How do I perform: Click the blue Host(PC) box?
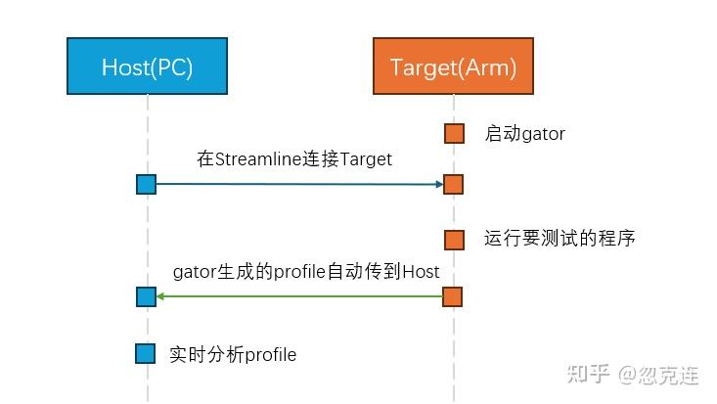coord(147,67)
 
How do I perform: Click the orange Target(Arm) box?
coord(453,67)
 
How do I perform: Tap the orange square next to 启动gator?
coord(454,134)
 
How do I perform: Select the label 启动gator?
coord(524,134)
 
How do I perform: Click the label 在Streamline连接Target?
coord(294,158)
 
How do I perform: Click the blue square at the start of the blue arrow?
coord(147,184)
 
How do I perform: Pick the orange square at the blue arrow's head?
coord(454,184)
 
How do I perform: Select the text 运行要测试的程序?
coord(560,239)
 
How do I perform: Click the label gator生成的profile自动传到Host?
coord(306,271)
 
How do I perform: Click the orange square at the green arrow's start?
coord(454,296)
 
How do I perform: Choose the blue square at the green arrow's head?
coord(147,296)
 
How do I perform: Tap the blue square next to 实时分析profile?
coord(147,354)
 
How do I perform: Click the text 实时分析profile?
coord(232,354)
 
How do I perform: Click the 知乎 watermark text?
coord(587,374)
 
